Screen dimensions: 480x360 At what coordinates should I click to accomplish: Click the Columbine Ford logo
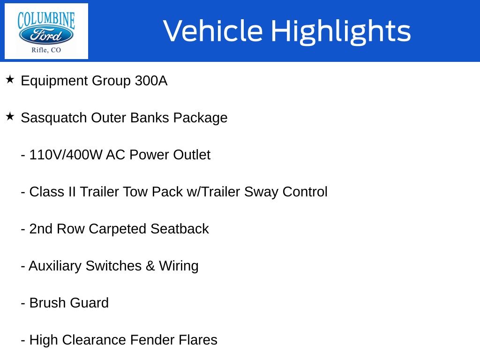point(46,31)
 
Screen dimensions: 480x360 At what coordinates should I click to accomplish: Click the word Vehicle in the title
point(213,30)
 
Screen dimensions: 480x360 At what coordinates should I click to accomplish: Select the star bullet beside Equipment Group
point(10,80)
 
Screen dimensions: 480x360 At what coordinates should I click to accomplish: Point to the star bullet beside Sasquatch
point(10,116)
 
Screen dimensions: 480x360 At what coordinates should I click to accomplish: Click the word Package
point(200,118)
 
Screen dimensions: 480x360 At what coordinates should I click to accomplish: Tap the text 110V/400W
point(66,155)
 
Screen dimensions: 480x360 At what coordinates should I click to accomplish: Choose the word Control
point(305,192)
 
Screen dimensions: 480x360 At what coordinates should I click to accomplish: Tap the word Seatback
point(180,229)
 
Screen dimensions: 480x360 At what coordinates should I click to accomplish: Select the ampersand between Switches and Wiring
point(150,266)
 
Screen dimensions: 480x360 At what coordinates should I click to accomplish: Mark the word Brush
point(48,303)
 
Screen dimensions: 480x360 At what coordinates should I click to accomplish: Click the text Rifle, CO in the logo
point(46,50)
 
